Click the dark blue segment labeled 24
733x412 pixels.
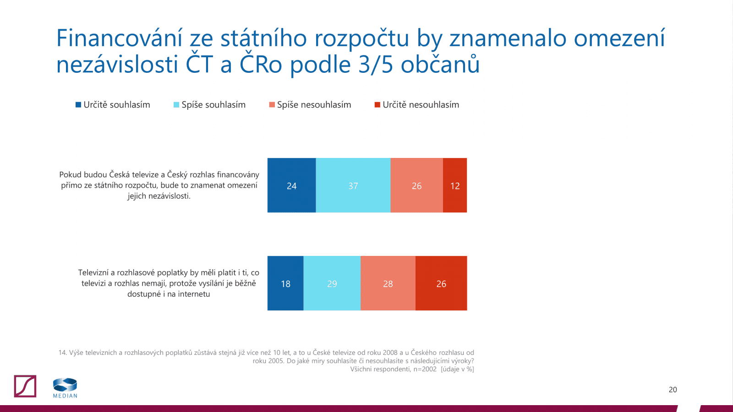291,185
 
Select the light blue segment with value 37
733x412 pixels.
353,185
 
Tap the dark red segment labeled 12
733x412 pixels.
454,185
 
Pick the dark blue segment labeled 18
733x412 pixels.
285,283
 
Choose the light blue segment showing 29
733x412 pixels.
332,283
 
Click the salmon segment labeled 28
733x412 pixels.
388,283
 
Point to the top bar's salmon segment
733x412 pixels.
416,185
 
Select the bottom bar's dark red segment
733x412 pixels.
441,283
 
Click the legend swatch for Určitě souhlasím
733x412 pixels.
78,105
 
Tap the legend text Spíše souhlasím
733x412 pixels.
213,105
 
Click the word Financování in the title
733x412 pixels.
119,38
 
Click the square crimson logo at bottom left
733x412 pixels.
25,386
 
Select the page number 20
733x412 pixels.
673,390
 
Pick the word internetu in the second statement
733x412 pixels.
194,294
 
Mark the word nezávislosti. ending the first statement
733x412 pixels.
170,196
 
